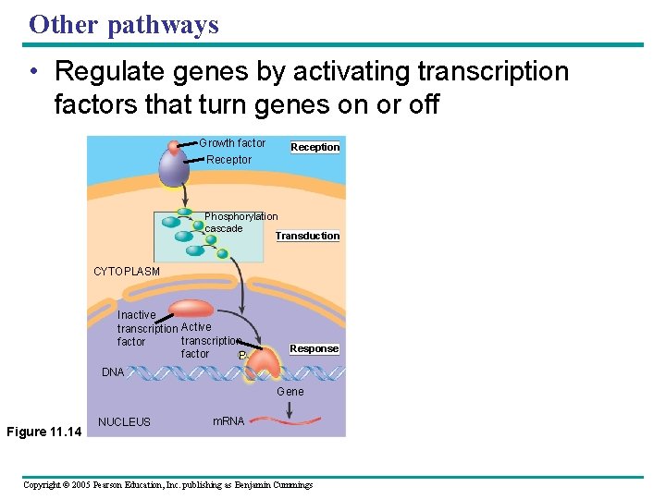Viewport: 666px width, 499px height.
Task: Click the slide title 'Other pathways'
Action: point(124,24)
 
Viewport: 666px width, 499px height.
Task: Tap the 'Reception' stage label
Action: point(315,147)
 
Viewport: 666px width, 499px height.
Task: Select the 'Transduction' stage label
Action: point(307,236)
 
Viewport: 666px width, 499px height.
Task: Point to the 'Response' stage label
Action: point(314,348)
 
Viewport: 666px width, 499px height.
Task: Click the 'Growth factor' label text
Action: point(232,143)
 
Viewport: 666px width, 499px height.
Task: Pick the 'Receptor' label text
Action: point(228,160)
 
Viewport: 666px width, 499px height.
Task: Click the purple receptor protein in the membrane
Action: point(174,167)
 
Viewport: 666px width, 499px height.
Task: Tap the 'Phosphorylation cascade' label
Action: point(240,223)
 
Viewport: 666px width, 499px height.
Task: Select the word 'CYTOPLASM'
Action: point(127,272)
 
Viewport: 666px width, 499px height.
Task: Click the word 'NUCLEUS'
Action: point(124,422)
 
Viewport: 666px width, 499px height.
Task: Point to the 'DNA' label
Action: point(112,372)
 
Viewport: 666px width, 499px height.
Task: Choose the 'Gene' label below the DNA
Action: point(290,392)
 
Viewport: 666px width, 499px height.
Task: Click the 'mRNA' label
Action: point(228,421)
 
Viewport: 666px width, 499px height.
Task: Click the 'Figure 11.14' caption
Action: point(43,431)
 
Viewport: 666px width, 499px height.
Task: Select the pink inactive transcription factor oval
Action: point(191,309)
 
